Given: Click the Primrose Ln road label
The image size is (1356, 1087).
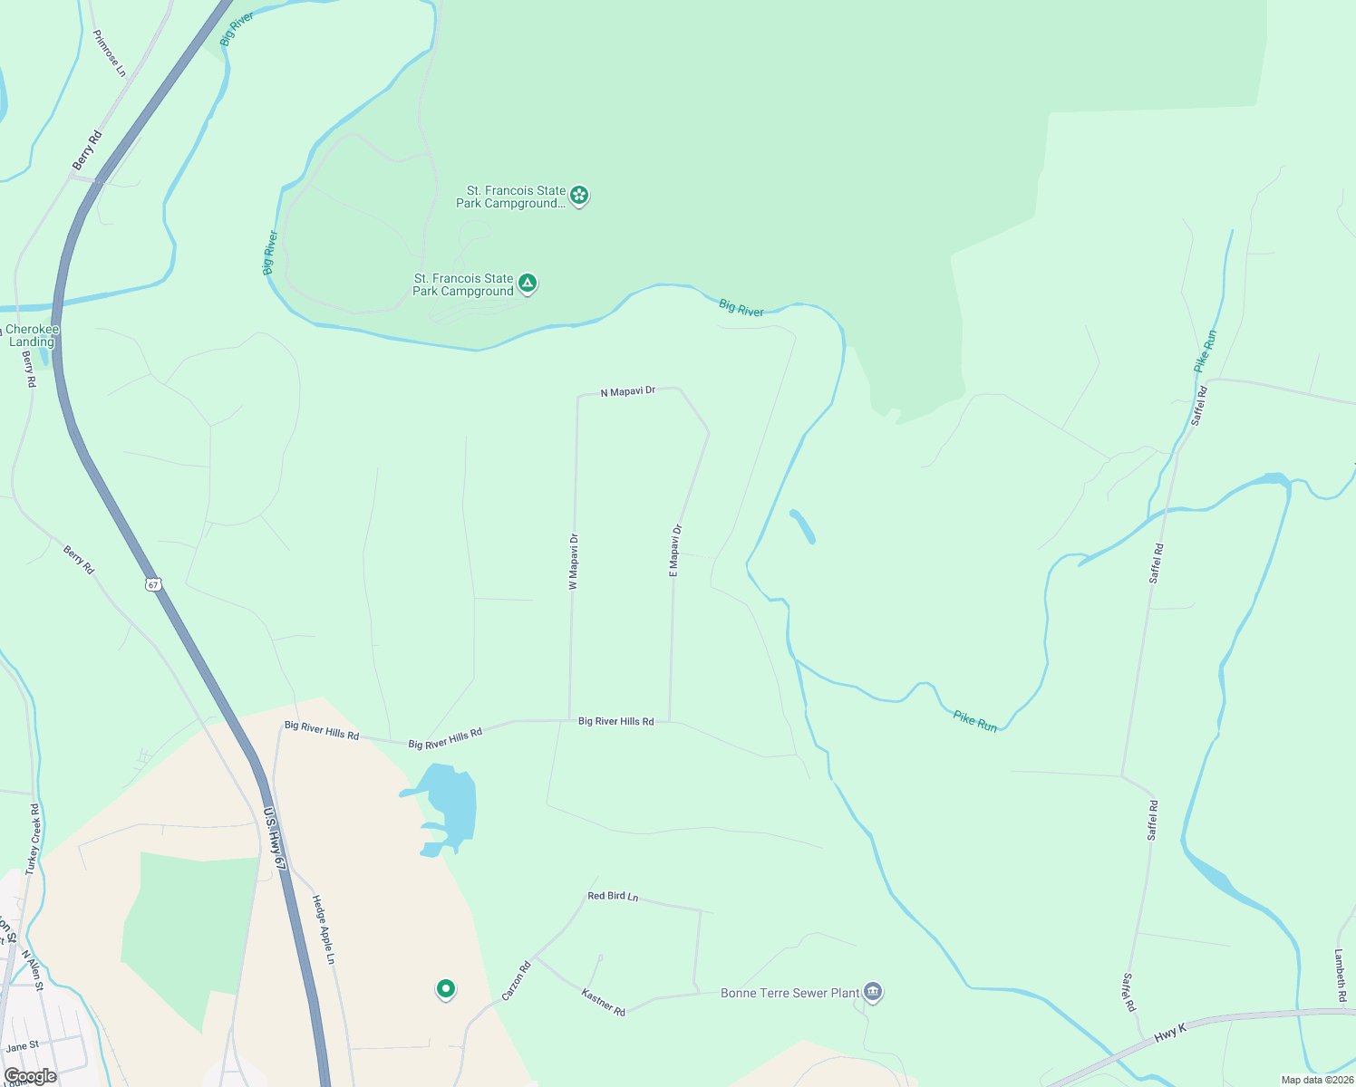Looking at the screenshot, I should tap(110, 53).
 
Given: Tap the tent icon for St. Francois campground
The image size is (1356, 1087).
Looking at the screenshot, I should tap(528, 284).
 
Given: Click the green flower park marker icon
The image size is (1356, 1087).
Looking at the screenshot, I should tap(579, 195).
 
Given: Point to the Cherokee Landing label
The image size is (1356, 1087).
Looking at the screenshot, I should tap(32, 336).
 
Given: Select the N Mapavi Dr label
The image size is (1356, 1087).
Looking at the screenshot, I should tap(627, 392).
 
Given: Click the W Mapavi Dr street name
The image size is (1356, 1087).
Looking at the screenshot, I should tap(574, 563).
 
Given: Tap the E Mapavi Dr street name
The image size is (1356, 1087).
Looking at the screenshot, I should tap(675, 551).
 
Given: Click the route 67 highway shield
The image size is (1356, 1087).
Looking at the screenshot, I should tap(154, 584).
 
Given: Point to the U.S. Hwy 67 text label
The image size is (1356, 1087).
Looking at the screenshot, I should tap(275, 839).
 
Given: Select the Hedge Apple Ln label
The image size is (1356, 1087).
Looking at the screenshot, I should tap(324, 929).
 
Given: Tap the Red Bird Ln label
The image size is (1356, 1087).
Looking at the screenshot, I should tap(613, 896).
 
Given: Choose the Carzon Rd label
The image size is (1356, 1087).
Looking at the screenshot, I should tap(516, 981).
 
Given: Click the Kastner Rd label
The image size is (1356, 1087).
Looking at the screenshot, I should tap(603, 1002).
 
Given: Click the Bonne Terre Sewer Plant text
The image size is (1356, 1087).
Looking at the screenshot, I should tap(789, 994).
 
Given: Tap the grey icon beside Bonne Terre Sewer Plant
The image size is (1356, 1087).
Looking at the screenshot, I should tap(873, 992).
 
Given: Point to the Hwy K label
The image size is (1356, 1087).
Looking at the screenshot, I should tap(1170, 1032).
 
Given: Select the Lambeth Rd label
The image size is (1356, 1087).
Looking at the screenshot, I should tap(1340, 976).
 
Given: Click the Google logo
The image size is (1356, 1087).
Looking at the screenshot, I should tap(30, 1076).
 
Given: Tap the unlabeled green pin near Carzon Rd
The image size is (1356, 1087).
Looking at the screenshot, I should tap(445, 989).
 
